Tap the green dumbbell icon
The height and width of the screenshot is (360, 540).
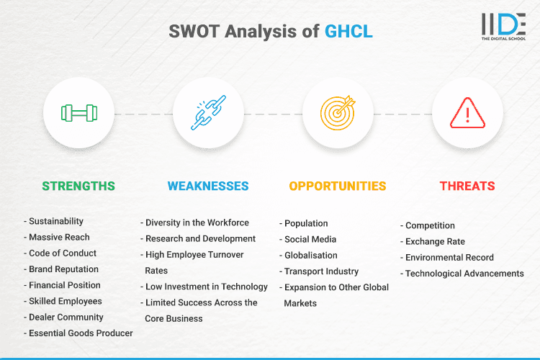[78, 113]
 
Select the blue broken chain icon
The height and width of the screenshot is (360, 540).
[208, 113]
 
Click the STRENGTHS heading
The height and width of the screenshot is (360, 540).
[78, 186]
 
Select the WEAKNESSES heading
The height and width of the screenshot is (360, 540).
[208, 186]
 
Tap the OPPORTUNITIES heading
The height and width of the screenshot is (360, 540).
[338, 186]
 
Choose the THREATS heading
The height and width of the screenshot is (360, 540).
[467, 186]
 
